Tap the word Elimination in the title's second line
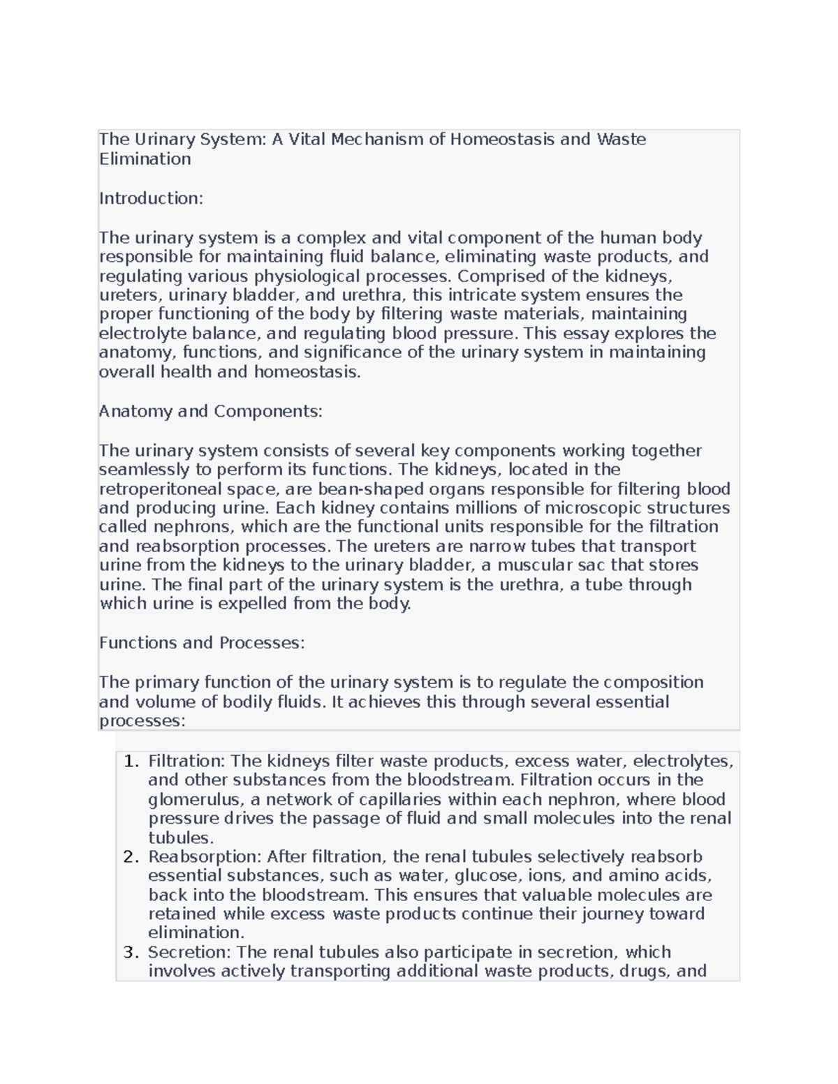click(145, 159)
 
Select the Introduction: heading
click(151, 198)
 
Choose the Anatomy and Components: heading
click(210, 411)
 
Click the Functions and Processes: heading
click(202, 643)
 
